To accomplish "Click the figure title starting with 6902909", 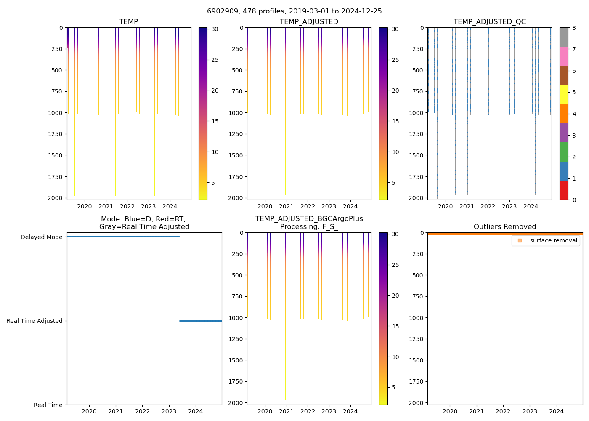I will point(294,11).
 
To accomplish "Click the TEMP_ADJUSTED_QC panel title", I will point(489,21).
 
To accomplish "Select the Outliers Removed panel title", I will point(505,226).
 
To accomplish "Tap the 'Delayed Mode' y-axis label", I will point(41,237).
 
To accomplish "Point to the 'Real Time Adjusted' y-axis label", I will point(34,321).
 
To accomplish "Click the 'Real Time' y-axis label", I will point(48,405).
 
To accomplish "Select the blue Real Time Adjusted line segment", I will point(200,321).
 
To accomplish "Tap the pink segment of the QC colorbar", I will point(564,56).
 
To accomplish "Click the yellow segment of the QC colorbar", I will point(564,94).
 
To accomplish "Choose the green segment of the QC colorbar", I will point(564,152).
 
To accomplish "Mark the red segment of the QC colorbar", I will point(564,190).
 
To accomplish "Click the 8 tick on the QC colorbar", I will point(574,28).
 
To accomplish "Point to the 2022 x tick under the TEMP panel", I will point(127,206).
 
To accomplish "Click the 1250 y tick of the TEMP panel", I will point(56,134).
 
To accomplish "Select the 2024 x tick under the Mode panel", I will point(196,411).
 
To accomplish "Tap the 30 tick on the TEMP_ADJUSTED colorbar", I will point(395,29).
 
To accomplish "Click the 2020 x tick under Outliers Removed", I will point(450,411).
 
